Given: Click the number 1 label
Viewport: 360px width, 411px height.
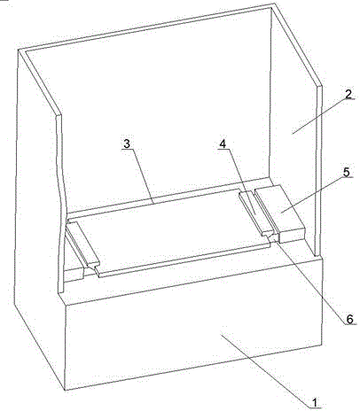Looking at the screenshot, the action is coord(315,402).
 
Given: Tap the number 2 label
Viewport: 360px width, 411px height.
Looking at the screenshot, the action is coord(348,95).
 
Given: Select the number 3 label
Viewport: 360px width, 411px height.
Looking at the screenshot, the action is coord(127,143).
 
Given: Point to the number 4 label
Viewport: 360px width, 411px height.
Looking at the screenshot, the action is coord(223,143).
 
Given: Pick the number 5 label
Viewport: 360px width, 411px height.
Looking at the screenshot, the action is coord(347,172).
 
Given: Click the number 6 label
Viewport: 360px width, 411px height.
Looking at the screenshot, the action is coord(349,319).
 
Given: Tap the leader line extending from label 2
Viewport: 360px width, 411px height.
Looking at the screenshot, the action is coord(320,117).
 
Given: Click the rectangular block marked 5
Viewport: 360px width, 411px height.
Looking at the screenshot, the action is coord(279,213).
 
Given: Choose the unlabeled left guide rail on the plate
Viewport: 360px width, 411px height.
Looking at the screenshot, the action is coord(82,244).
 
